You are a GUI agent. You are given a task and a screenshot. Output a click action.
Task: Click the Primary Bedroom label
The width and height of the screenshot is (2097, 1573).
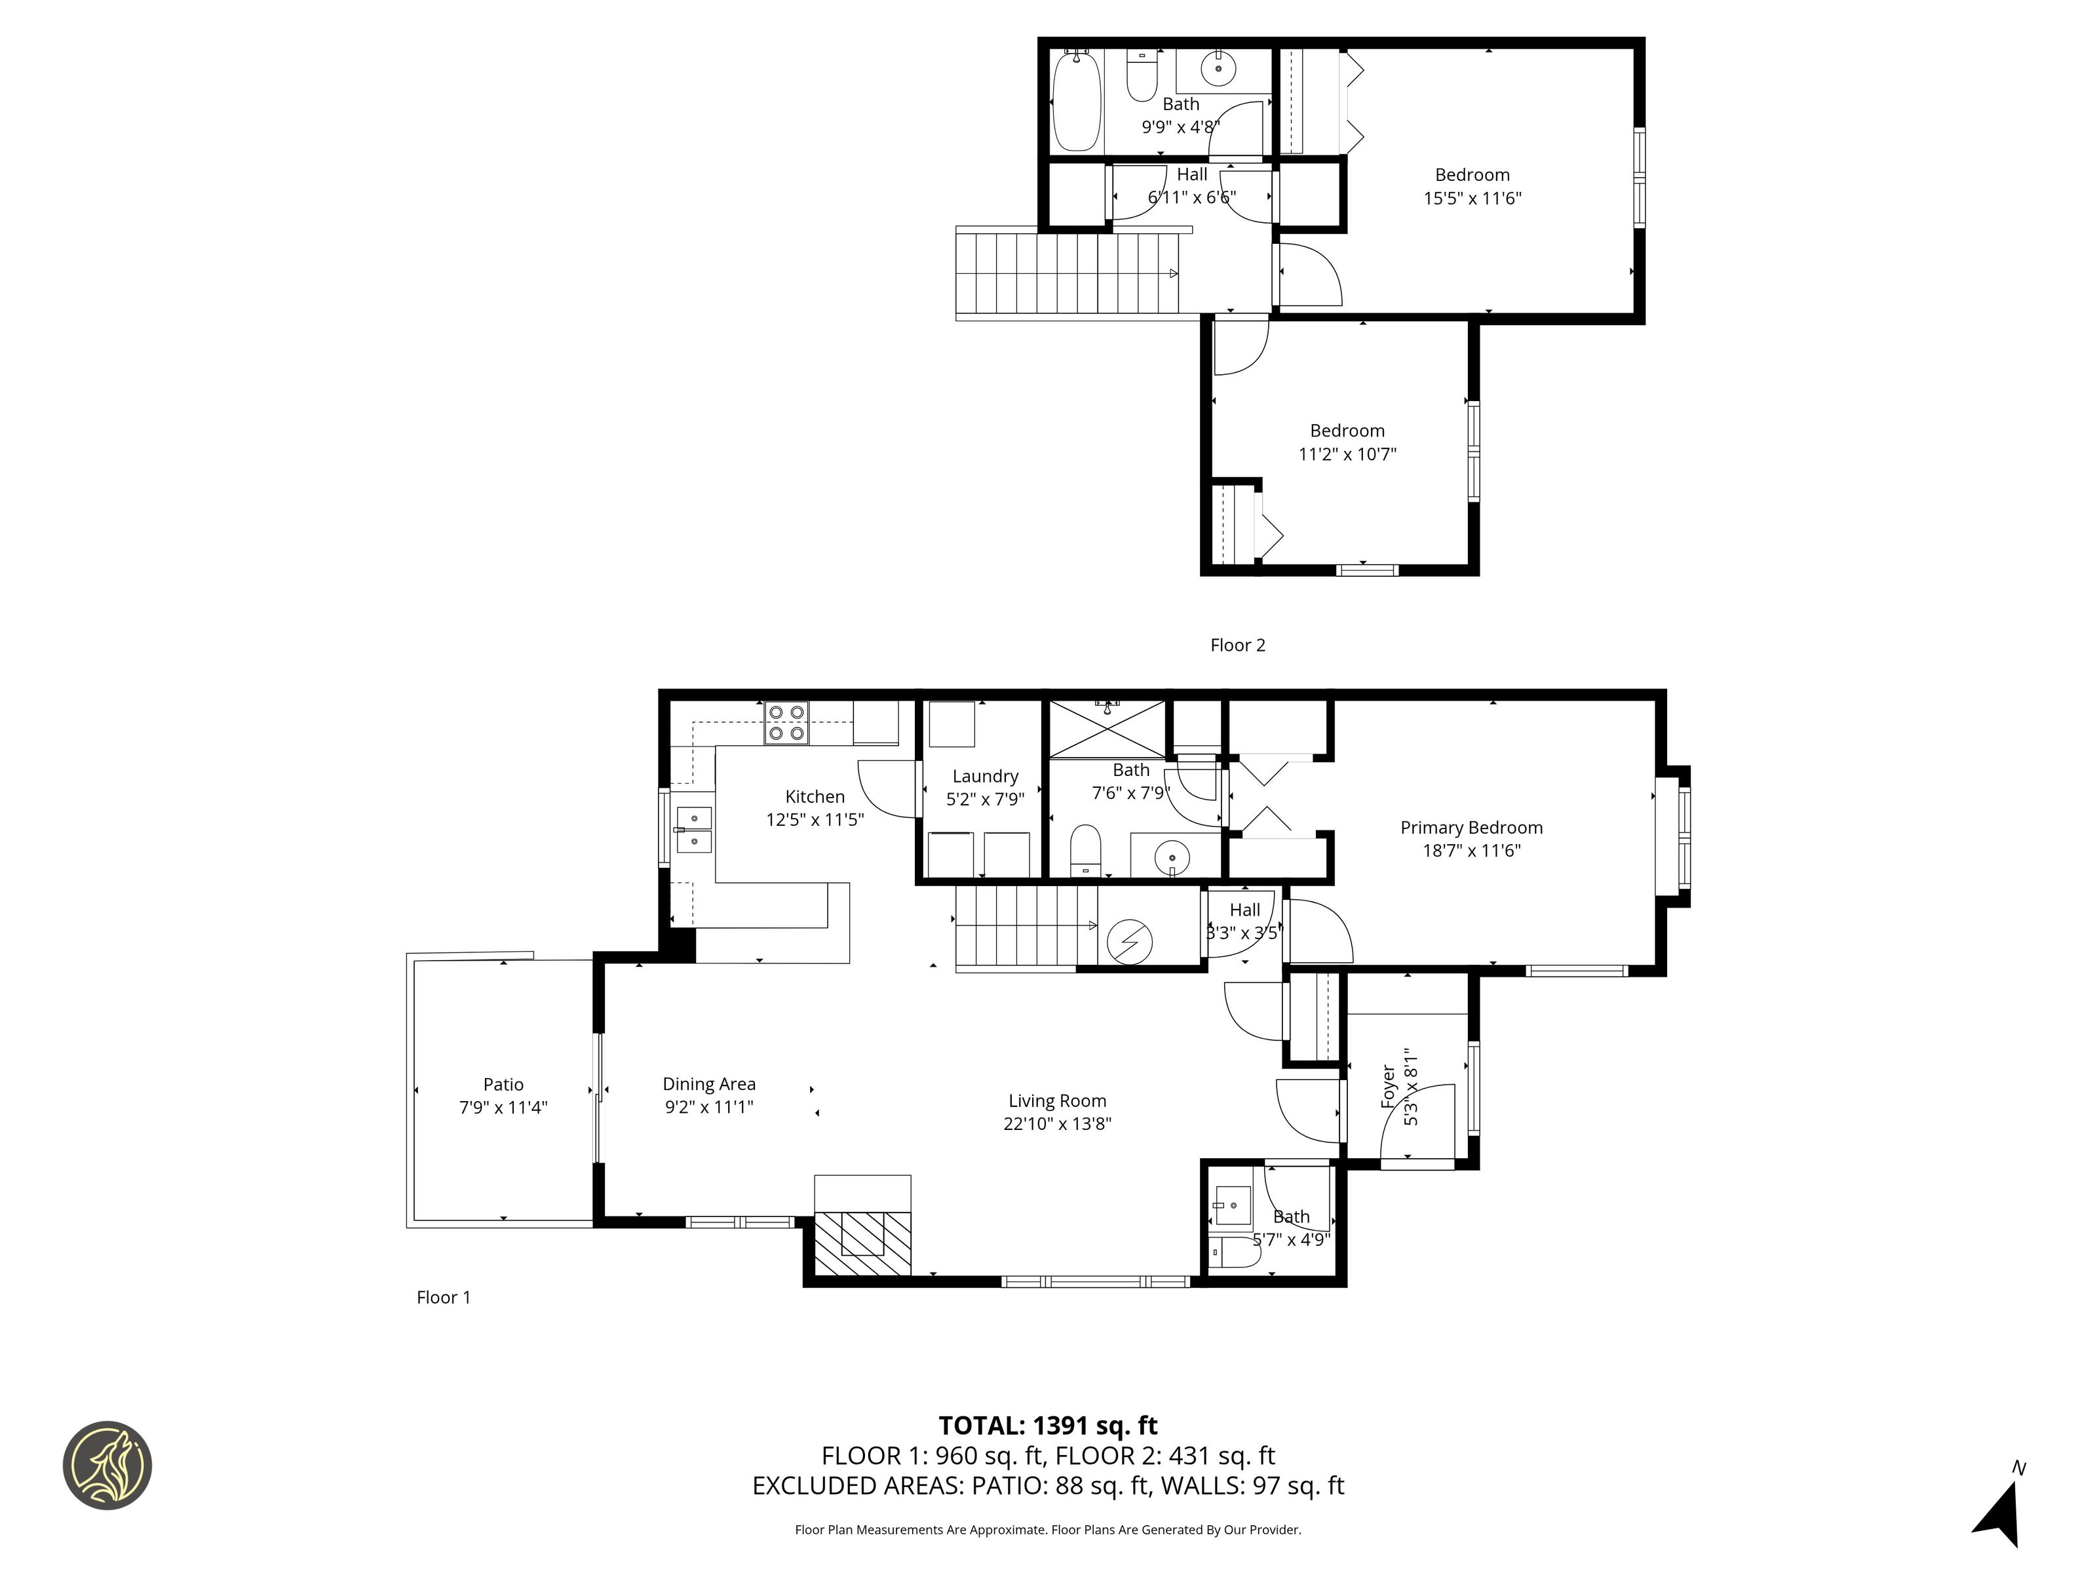point(1471,828)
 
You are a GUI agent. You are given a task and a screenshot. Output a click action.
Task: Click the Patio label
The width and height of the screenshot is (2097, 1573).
point(503,1085)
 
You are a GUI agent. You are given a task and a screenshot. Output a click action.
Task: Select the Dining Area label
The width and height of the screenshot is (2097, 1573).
point(709,1084)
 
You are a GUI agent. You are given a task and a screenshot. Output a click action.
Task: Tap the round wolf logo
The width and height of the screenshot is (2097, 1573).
point(107,1465)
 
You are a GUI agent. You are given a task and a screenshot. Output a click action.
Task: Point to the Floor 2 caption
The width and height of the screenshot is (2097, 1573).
point(1237,646)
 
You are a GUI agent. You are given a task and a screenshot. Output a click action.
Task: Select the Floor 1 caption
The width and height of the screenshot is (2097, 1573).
point(444,1297)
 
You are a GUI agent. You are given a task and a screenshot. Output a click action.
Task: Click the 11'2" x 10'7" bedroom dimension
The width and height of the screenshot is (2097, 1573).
point(1347,454)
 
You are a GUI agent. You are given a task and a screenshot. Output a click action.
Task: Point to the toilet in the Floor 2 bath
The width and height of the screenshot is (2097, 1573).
point(1142,74)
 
